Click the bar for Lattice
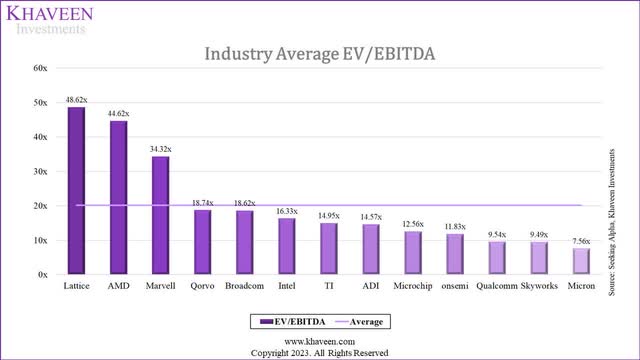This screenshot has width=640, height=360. click(x=76, y=190)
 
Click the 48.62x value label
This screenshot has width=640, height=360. click(x=76, y=100)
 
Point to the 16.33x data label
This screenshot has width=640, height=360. click(x=287, y=211)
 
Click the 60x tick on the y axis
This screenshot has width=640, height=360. click(x=40, y=68)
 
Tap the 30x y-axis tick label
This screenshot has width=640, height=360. click(x=40, y=171)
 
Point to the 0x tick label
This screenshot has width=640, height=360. click(x=43, y=274)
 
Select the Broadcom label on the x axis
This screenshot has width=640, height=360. click(x=245, y=285)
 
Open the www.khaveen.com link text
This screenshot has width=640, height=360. click(x=319, y=340)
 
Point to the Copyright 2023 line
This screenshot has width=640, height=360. click(x=319, y=352)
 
